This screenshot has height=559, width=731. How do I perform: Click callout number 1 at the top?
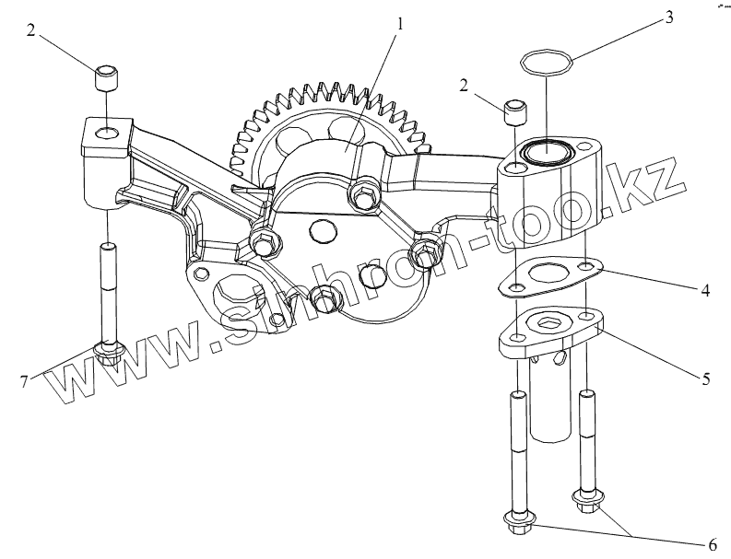(x=398, y=23)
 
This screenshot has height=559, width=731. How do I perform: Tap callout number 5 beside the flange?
(x=705, y=377)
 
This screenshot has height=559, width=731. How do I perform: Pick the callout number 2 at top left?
(x=31, y=30)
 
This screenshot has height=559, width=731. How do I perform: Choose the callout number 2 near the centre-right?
(x=464, y=86)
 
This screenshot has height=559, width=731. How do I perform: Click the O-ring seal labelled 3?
(x=547, y=64)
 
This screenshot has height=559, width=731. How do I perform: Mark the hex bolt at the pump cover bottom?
(x=324, y=297)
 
